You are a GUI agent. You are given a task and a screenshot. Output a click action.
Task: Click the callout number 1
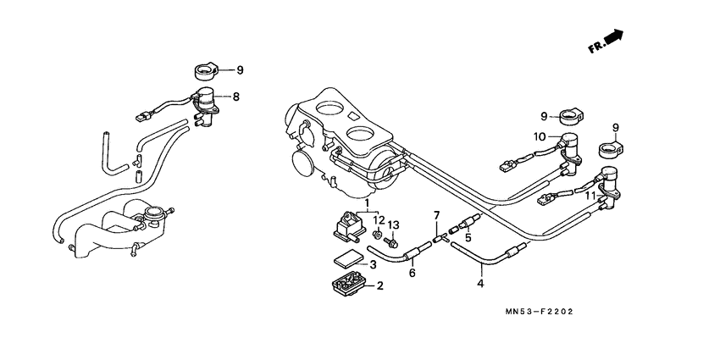coord(368,204)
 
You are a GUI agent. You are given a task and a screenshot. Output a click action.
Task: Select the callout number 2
coord(380,285)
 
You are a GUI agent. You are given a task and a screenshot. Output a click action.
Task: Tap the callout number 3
coord(372,265)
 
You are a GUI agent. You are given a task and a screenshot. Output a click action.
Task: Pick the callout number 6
coord(412,273)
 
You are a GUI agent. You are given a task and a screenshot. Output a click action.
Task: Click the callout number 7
coord(437,217)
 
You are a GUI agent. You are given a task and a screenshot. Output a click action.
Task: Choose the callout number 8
coord(236,97)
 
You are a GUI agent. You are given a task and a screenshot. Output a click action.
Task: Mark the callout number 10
coord(540,136)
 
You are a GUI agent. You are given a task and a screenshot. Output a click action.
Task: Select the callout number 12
coord(379,220)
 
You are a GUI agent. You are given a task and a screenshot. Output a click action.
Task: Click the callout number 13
coord(393,224)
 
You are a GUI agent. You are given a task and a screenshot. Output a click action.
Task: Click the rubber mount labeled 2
coord(346,285)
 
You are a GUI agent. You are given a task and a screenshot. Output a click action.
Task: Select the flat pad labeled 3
coord(346,263)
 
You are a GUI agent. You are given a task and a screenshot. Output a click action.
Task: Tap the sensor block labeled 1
coord(345,225)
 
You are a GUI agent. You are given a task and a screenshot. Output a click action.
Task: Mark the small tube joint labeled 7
coord(438,239)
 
